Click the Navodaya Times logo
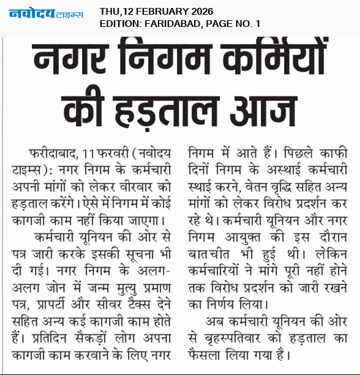45,13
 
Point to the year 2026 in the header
204,10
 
